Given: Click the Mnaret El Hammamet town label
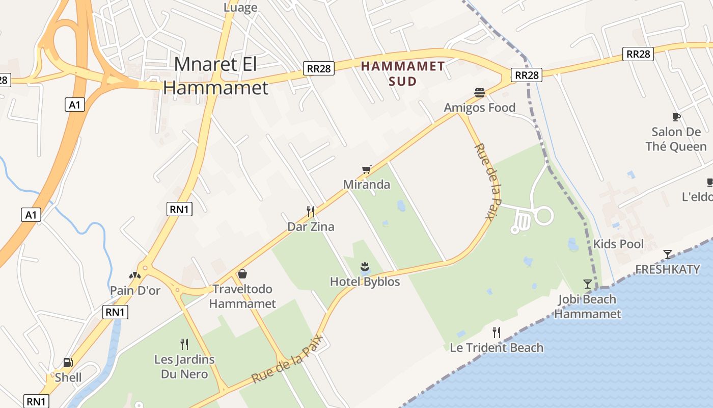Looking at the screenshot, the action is click(x=215, y=76).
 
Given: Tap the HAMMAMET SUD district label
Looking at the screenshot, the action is click(x=403, y=73).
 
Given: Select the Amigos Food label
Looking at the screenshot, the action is click(x=479, y=108).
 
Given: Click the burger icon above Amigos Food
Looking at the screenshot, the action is click(x=479, y=93).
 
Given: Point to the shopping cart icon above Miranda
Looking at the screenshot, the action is click(x=366, y=169).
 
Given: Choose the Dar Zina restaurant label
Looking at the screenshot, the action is click(x=311, y=226).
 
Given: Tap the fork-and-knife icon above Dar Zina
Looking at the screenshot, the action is click(x=311, y=211).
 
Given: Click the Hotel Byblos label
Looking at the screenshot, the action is click(x=365, y=282).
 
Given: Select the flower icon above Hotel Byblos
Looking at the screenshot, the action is click(x=365, y=266).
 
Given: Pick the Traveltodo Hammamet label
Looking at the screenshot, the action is click(x=242, y=296).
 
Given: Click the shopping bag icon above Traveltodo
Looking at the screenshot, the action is click(x=242, y=274).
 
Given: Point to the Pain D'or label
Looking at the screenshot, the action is click(x=135, y=291).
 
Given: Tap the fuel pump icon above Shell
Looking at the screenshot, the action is click(x=68, y=363).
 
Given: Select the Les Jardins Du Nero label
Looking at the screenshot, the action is click(x=184, y=367).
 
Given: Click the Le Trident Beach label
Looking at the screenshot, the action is click(x=497, y=348).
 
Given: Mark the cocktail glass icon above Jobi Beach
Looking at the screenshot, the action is click(x=588, y=284).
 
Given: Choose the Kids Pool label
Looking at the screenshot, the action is click(x=618, y=244).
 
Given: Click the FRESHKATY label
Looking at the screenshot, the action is click(x=667, y=269).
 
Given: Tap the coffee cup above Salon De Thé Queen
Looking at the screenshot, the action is click(x=676, y=117).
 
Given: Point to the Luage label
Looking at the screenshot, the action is click(x=240, y=8).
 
